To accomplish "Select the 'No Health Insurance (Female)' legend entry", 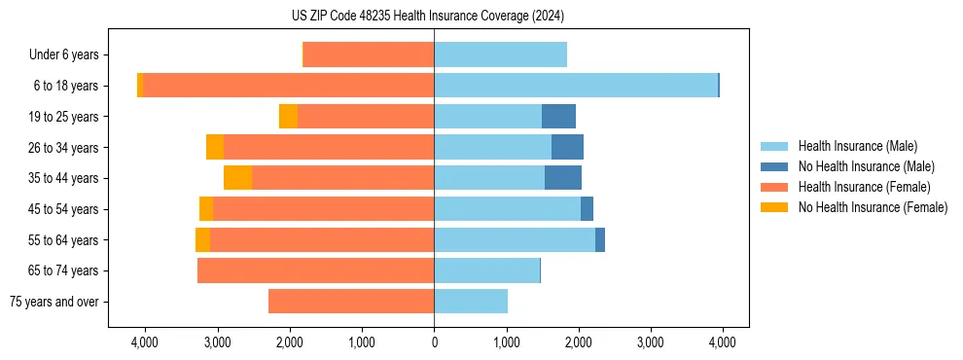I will (x=873, y=207).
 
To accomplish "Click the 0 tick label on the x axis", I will (x=434, y=342).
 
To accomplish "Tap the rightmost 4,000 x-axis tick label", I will (x=722, y=342).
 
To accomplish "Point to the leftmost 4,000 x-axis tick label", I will (x=145, y=342).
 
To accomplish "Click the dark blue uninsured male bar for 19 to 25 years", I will (x=558, y=117).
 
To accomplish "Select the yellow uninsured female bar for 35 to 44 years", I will (x=237, y=178).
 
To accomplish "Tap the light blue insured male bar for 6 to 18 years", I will (x=576, y=86).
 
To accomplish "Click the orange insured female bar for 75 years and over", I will (x=351, y=302).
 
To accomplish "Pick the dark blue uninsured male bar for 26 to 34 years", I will (x=567, y=147).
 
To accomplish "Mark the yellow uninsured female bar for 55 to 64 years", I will (x=202, y=239).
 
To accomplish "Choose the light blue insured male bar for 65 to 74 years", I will (x=486, y=270).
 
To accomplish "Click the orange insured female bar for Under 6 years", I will (x=369, y=55).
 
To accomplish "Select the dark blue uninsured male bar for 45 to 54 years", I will (x=587, y=209).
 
